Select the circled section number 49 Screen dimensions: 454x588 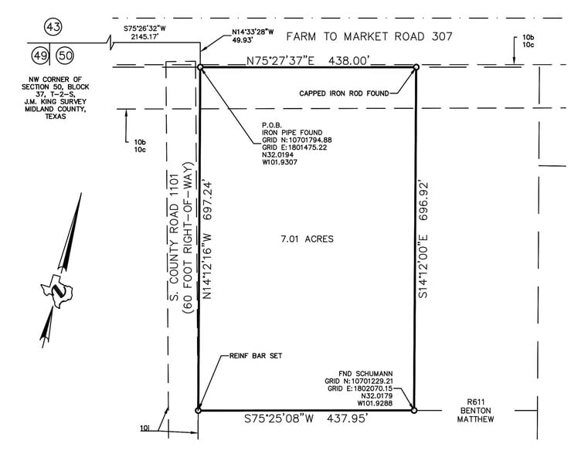39,55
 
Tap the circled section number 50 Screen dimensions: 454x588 66,55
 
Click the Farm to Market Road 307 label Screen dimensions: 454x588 369,36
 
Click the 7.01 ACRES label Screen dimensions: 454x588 307,239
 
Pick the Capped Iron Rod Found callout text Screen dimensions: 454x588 344,93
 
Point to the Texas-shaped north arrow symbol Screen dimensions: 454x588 59,290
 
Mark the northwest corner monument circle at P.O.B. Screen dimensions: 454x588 200,68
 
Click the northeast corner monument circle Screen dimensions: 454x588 416,67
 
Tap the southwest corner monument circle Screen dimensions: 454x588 199,410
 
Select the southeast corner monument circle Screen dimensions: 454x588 414,410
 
